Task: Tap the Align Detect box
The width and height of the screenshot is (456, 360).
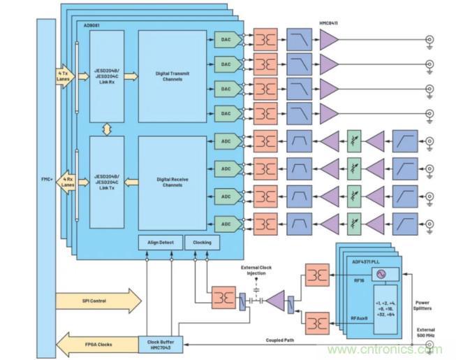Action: click(159, 243)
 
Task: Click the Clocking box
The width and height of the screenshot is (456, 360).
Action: click(202, 243)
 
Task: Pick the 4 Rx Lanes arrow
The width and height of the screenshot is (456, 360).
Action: click(65, 183)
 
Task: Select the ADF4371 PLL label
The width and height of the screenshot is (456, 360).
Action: click(366, 261)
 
